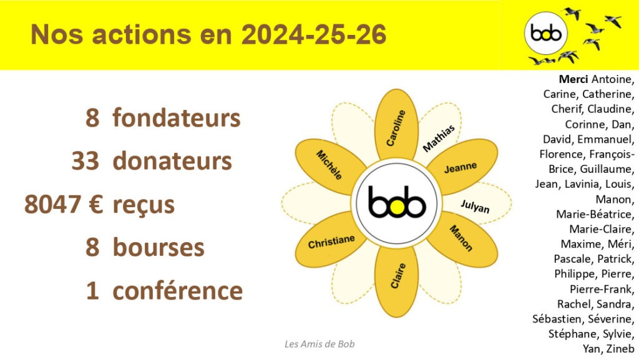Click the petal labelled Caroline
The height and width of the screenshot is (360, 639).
point(396,125)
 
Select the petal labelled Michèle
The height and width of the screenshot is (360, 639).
point(330,166)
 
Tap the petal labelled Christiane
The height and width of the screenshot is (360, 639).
point(331,240)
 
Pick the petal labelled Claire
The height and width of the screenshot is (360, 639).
point(396,281)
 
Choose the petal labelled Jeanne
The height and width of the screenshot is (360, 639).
point(462,167)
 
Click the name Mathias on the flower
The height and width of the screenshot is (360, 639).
point(439,139)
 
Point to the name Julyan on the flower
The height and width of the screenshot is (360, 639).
point(475,206)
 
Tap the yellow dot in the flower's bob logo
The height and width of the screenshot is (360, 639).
point(396,207)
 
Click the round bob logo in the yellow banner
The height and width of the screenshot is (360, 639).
point(545,33)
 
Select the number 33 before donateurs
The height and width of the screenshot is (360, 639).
point(85,161)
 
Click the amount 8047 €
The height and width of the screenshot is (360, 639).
point(64,205)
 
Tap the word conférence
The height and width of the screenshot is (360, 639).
point(178,291)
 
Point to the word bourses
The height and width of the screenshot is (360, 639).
point(159,248)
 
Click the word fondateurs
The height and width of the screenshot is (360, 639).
point(177,118)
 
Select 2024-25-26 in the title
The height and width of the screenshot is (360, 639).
point(314,34)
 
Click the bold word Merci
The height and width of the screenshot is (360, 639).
point(573,79)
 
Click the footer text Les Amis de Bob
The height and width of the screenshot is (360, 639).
point(319,344)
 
